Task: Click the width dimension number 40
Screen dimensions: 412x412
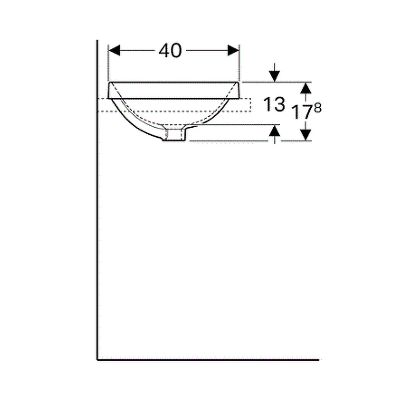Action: (x=170, y=51)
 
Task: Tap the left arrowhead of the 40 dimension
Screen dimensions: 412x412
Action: (x=114, y=51)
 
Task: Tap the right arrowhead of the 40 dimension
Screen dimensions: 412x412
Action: (x=233, y=51)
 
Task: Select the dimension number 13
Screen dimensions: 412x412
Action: (x=275, y=105)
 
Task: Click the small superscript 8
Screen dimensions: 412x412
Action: (x=318, y=108)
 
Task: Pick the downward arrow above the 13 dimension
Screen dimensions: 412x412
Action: (x=274, y=73)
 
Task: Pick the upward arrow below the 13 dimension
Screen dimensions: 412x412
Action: (x=274, y=133)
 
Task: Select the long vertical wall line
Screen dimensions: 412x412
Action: (x=98, y=206)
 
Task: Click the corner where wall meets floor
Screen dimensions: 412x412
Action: (x=98, y=360)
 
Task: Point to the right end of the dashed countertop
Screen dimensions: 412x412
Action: (x=250, y=105)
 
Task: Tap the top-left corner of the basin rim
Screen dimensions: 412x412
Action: (x=110, y=82)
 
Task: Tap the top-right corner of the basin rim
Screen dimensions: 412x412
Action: (x=239, y=82)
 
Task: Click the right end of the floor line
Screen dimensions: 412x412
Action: (x=318, y=360)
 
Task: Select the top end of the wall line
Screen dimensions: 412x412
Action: (x=98, y=41)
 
